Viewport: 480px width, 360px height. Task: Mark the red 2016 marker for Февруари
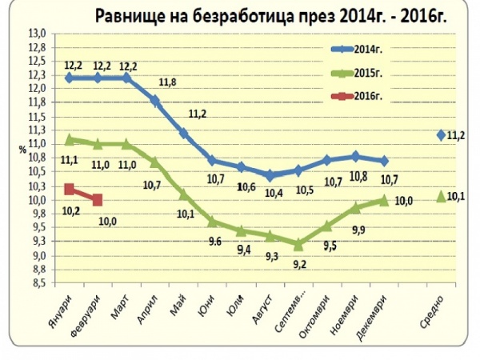(98, 200)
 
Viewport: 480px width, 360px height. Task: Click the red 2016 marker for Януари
(70, 190)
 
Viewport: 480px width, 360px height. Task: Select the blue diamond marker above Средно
(441, 134)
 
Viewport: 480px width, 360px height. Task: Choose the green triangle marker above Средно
(441, 195)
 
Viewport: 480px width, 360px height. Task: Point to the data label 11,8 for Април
(168, 82)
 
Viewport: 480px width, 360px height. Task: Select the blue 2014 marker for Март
(126, 78)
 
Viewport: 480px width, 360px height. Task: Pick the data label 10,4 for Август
(274, 194)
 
